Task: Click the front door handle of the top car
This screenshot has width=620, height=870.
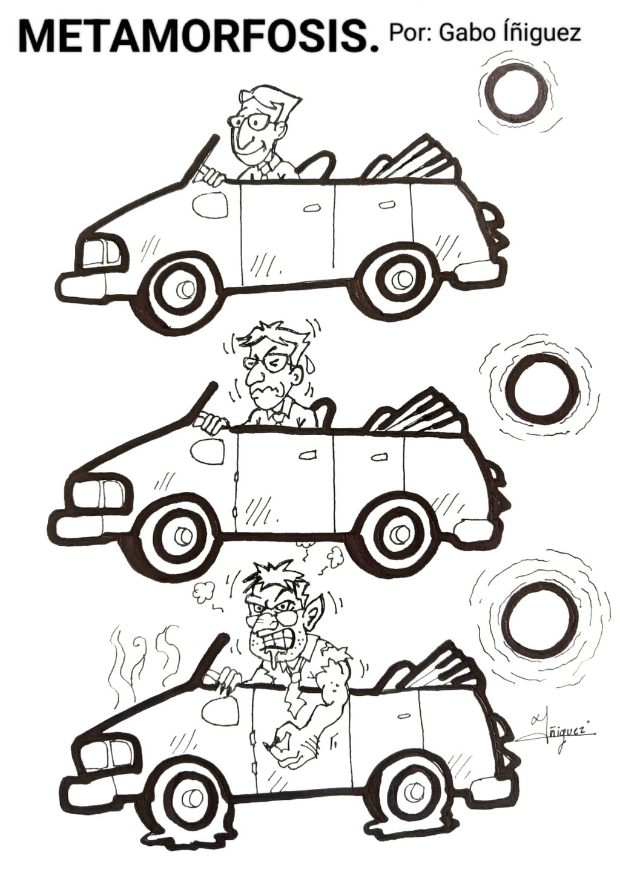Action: tap(309, 209)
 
